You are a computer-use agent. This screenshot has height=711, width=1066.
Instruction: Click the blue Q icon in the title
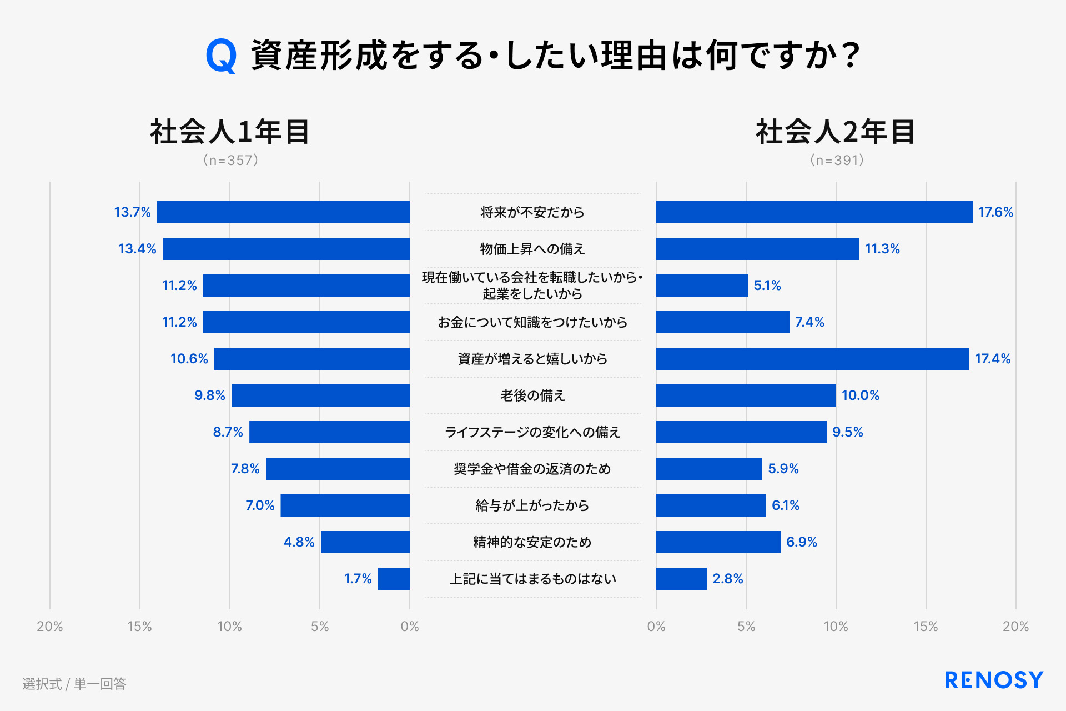(221, 56)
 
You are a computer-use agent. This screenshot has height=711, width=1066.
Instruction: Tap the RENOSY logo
(994, 680)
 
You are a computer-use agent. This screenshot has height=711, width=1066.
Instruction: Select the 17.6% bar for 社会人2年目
(814, 212)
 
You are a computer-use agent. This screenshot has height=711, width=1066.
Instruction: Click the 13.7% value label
(132, 212)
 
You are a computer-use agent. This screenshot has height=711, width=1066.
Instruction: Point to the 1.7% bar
(394, 579)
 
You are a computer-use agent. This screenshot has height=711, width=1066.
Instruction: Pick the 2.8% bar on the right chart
(681, 579)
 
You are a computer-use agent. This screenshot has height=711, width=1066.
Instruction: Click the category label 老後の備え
(532, 395)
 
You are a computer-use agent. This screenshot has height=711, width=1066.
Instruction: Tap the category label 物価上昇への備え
(532, 249)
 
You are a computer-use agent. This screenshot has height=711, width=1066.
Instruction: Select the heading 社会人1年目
(230, 132)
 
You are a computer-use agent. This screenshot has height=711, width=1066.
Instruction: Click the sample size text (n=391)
(837, 161)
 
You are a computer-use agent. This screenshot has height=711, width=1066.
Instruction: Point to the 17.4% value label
(993, 359)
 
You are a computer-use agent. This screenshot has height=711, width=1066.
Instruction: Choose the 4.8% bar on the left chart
(365, 542)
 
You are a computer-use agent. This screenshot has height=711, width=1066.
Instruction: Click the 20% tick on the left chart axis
(50, 627)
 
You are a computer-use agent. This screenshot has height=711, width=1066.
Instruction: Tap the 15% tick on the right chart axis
(926, 627)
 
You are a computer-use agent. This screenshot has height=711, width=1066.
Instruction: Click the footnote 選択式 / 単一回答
(74, 684)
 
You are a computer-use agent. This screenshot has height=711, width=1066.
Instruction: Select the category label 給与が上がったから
(532, 505)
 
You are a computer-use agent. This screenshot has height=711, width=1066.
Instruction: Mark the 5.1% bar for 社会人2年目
(702, 286)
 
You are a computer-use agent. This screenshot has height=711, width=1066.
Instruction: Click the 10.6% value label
(189, 359)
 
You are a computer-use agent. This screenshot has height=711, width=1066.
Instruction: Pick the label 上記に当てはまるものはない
(532, 579)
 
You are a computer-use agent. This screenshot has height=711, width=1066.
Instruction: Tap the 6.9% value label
(801, 542)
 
